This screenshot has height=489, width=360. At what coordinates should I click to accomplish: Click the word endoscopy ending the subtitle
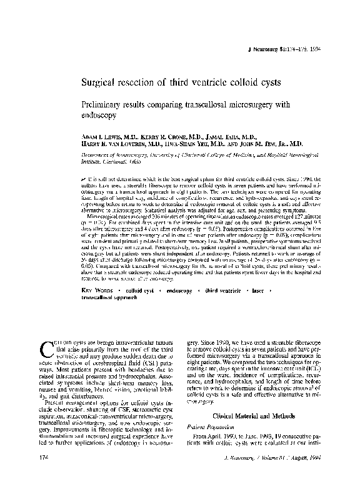[x=98, y=116]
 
